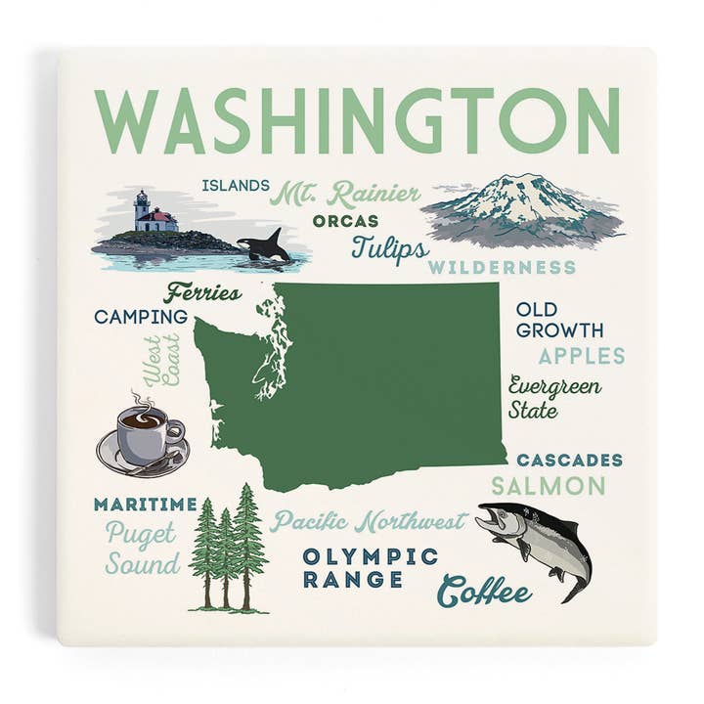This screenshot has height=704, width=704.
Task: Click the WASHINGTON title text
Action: pos(357,121)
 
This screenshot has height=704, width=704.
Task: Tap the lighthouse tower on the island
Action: pos(142,207)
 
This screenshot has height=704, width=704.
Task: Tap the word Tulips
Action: pos(389,248)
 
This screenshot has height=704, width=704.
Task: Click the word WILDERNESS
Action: pos(502,267)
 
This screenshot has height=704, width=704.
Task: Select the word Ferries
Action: pos(203,292)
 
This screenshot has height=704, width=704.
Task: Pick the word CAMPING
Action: pos(141,316)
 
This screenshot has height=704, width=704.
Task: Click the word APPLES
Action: pos(581,355)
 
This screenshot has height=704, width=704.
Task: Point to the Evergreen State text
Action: pos(553,397)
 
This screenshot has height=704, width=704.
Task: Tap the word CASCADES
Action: pos(569,460)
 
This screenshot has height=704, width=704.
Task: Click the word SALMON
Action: pos(548,485)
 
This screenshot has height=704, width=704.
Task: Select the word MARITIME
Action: pos(145,505)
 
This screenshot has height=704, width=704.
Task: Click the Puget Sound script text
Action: pos(143,550)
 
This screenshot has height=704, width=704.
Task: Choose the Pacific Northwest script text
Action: pos(369,521)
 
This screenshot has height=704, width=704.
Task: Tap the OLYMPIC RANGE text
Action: pos(370,567)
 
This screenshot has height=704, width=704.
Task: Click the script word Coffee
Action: pos(484,591)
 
